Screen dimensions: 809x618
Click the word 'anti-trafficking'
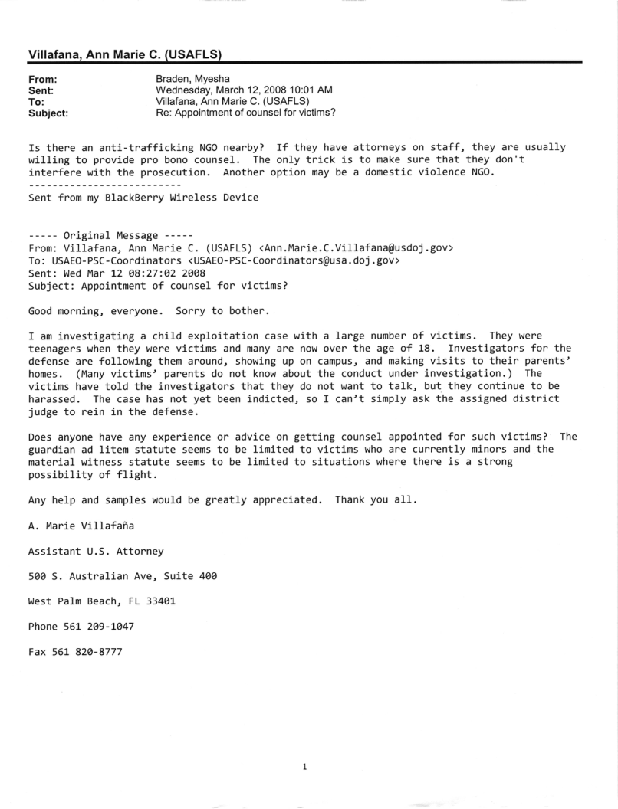(x=130, y=146)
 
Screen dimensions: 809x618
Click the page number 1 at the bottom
(x=306, y=765)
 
